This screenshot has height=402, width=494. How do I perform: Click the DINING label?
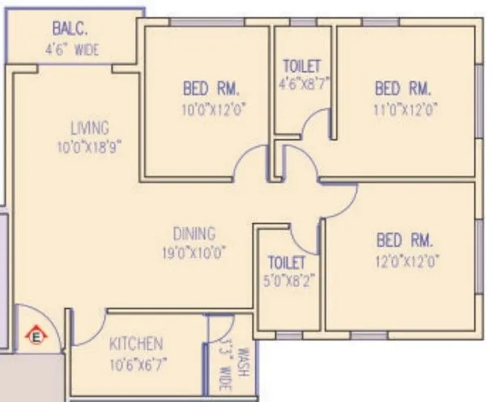194,234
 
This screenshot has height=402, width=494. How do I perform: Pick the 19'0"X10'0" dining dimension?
193,252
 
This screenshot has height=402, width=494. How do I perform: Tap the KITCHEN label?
136,344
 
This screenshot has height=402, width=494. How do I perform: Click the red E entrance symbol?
36,332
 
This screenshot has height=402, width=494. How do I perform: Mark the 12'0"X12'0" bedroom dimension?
405,261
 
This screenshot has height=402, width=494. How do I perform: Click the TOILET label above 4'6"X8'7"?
301,65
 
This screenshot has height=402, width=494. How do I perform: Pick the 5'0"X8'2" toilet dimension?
287,281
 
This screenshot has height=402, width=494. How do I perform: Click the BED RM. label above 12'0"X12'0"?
405,240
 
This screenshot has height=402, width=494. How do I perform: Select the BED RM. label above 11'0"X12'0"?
403,87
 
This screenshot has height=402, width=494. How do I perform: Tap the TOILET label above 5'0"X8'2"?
287,262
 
